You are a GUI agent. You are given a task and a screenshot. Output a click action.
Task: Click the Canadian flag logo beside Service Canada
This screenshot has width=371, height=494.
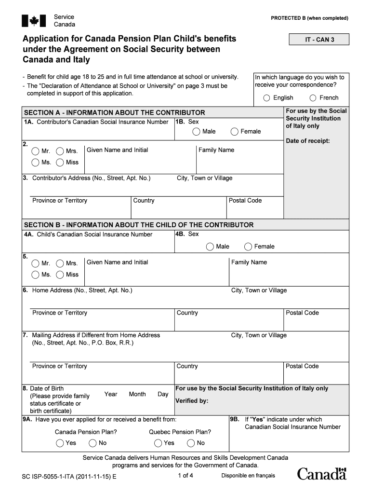click(x=34, y=21)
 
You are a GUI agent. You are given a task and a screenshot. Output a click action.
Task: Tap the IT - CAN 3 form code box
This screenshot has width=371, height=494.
click(x=319, y=40)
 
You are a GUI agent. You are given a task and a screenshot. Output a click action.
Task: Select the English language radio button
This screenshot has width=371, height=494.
click(x=266, y=98)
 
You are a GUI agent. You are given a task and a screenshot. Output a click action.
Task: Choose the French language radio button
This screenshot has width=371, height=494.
click(x=313, y=98)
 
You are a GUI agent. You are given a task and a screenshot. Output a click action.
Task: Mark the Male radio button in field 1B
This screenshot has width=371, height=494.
click(x=196, y=132)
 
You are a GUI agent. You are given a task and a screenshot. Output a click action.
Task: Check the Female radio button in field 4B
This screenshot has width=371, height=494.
click(x=248, y=247)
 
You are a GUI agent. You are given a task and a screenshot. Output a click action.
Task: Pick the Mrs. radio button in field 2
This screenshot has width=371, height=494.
click(x=60, y=151)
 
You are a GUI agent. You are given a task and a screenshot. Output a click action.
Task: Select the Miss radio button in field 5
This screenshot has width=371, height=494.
click(x=60, y=275)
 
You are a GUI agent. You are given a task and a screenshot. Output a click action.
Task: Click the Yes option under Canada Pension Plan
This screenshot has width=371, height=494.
click(x=59, y=443)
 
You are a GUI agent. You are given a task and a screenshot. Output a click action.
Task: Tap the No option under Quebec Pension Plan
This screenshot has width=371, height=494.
click(x=190, y=443)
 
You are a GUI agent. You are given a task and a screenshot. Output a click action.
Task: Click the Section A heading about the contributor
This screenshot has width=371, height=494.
click(x=115, y=112)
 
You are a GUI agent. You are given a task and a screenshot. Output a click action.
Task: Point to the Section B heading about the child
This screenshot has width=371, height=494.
click(x=139, y=225)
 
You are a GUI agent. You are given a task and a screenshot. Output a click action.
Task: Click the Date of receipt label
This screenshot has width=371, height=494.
click(x=308, y=141)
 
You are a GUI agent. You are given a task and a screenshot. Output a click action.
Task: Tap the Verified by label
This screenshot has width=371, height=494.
click(x=192, y=401)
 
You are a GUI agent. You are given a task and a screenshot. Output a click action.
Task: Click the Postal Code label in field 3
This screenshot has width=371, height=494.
click(x=245, y=201)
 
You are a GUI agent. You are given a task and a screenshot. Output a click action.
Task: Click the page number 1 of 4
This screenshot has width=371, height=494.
click(x=185, y=476)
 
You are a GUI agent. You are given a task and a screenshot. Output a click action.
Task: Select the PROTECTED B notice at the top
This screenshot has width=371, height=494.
click(x=309, y=18)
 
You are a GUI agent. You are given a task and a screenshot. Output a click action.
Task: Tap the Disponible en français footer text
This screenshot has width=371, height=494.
click(x=248, y=476)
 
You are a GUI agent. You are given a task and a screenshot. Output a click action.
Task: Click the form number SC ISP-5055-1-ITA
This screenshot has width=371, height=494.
click(x=69, y=477)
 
